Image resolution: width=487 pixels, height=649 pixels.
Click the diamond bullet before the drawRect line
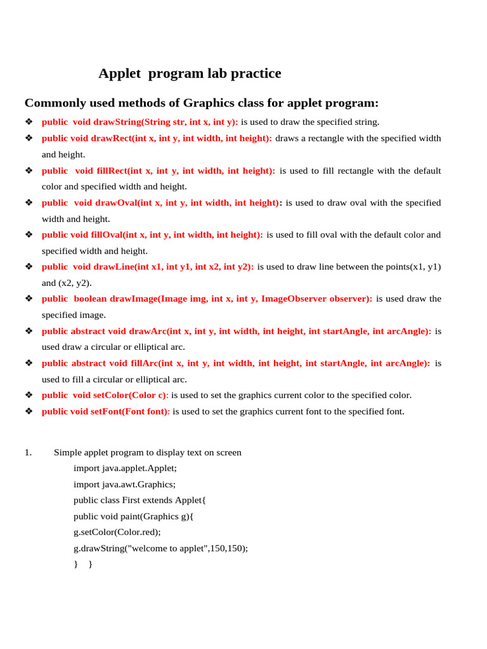tap(29, 138)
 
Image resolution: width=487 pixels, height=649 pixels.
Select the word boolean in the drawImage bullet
tap(90, 299)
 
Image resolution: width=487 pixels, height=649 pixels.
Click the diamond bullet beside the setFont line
tap(29, 411)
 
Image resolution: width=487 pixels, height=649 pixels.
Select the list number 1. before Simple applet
tap(29, 453)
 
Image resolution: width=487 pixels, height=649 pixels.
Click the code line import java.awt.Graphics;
tap(124, 484)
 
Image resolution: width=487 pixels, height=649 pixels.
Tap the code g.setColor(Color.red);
tap(117, 532)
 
